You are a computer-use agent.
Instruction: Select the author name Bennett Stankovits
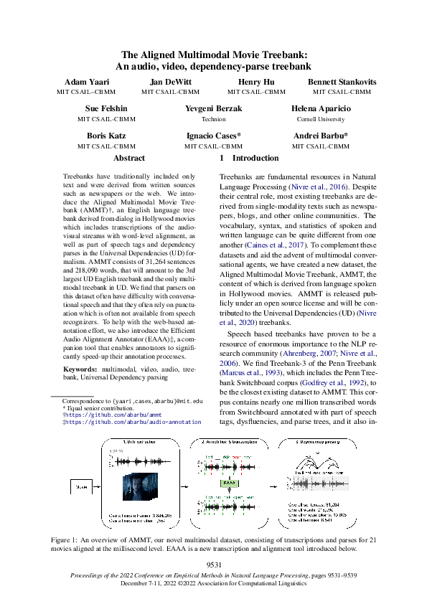point(342,82)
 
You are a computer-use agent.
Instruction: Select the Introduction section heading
point(255,158)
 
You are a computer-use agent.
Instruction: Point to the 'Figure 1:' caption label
point(67,538)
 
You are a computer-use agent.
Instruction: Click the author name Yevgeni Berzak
point(214,109)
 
